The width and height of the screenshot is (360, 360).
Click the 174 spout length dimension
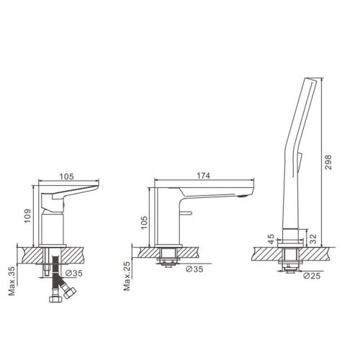[203, 176]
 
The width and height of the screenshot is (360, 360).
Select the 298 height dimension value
[328, 163]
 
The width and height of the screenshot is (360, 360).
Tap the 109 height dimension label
[27, 216]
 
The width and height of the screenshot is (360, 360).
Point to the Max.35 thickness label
[12, 281]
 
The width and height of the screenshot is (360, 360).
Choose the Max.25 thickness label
[127, 276]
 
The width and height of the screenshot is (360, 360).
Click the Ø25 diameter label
[312, 276]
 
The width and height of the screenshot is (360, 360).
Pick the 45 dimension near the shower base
[271, 239]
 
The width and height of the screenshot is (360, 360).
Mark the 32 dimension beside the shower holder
[313, 239]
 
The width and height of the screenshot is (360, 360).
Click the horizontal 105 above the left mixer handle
[66, 176]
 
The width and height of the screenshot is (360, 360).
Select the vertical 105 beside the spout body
[144, 222]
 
